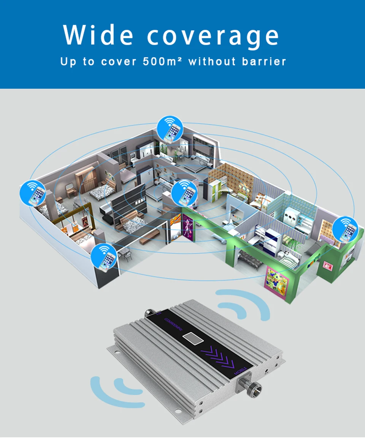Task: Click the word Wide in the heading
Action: tap(98, 35)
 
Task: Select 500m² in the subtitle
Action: tap(163, 61)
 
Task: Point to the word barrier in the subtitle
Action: tap(265, 61)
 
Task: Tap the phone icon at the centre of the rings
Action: tap(184, 194)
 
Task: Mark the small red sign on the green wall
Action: tap(327, 265)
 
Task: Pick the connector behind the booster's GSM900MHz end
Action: tap(149, 313)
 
